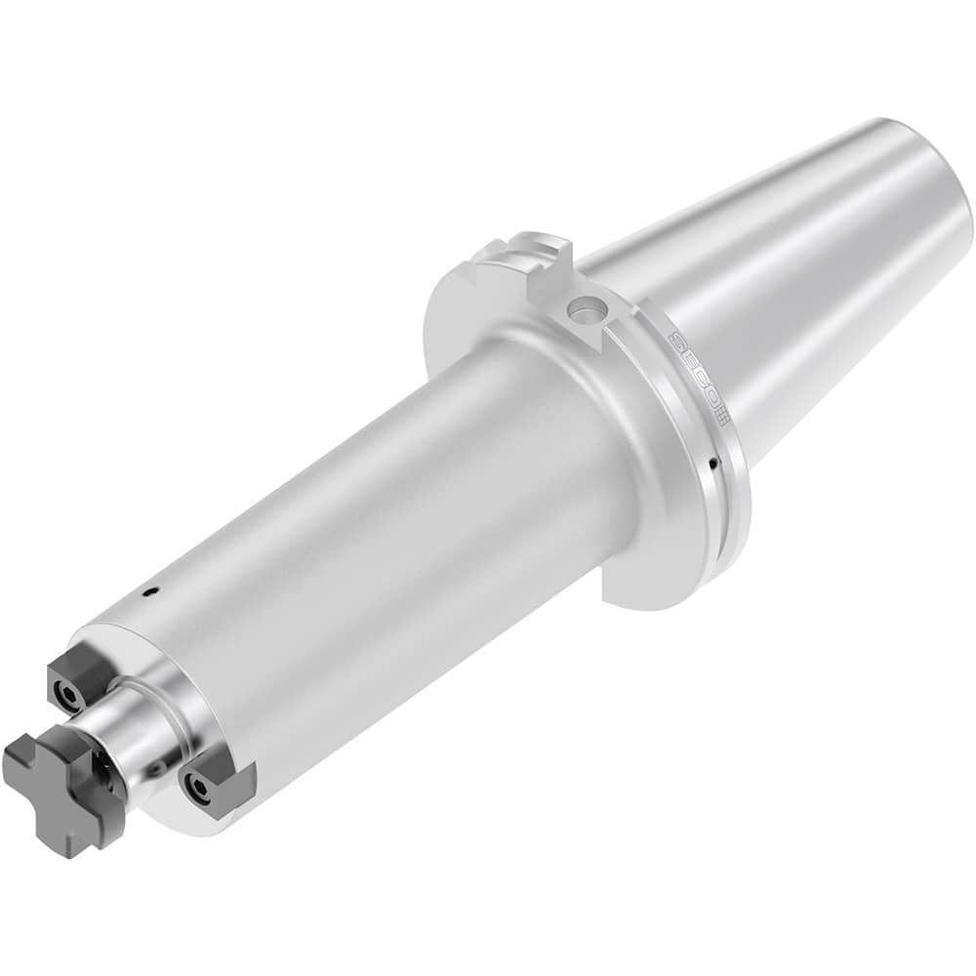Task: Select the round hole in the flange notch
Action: [587, 311]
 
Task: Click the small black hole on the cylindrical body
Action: [148, 591]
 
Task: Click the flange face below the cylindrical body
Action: [644, 566]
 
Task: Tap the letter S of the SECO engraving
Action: [675, 343]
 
